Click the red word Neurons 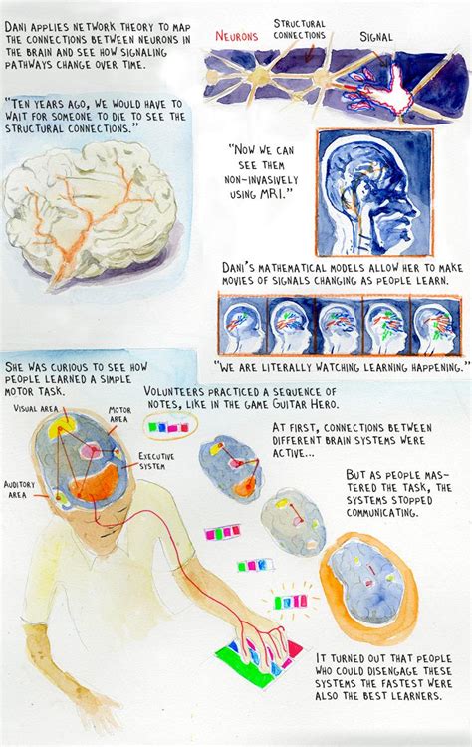[x=237, y=35]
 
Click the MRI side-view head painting [x=373, y=192]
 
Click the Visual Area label [x=35, y=408]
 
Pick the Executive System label [x=157, y=460]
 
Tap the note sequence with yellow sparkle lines [x=290, y=602]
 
